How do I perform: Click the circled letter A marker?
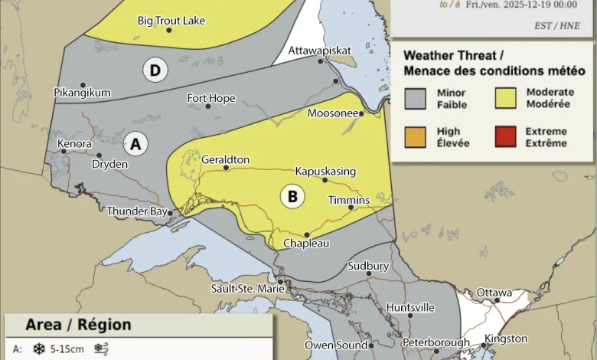pyautogui.click(x=136, y=143)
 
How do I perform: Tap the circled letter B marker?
pyautogui.click(x=292, y=196)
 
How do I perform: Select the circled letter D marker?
pyautogui.click(x=155, y=71)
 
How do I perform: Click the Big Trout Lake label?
pyautogui.click(x=171, y=21)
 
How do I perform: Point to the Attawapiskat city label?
pyautogui.click(x=320, y=51)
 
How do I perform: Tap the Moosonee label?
pyautogui.click(x=333, y=113)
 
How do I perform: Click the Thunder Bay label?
pyautogui.click(x=136, y=211)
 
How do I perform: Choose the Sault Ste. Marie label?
pyautogui.click(x=247, y=289)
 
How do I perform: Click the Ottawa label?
pyautogui.click(x=494, y=293)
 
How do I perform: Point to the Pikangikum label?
pyautogui.click(x=82, y=93)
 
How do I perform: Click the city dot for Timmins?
pyautogui.click(x=351, y=207)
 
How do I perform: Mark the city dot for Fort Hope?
pyautogui.click(x=208, y=106)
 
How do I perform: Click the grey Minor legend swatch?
pyautogui.click(x=415, y=98)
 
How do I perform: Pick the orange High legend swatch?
pyautogui.click(x=415, y=137)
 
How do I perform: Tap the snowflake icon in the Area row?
pyautogui.click(x=38, y=349)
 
